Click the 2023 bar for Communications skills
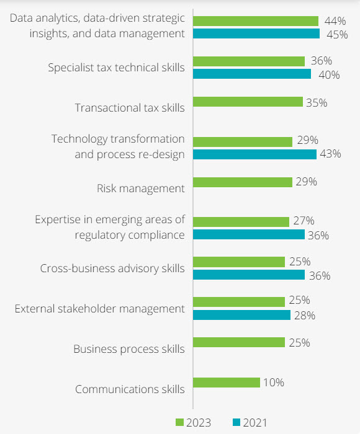[227, 383]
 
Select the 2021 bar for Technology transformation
[254, 154]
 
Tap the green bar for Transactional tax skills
[248, 102]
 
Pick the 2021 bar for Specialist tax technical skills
[252, 74]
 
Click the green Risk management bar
[243, 182]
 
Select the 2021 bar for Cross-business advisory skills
[249, 275]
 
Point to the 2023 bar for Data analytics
[256, 21]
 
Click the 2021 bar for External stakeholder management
[241, 315]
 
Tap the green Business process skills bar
[239, 342]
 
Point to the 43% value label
[330, 154]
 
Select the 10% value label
[273, 383]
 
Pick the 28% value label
[304, 316]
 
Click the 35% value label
[316, 102]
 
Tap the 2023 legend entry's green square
[179, 423]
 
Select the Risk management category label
[141, 188]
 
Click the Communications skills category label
[130, 389]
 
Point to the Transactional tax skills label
[130, 108]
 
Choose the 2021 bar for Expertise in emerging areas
[249, 234]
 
